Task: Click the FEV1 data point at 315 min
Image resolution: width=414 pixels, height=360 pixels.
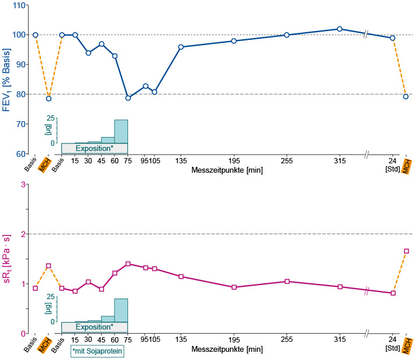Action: click(x=340, y=29)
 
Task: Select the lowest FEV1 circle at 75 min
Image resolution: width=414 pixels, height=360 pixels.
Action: click(x=128, y=98)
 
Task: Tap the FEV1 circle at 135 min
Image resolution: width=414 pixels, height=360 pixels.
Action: click(x=181, y=47)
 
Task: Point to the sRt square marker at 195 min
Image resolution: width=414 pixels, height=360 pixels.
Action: click(x=234, y=287)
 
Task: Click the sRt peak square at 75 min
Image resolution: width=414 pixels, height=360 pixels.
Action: click(x=128, y=263)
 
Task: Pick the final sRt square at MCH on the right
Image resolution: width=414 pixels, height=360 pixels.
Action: click(x=406, y=251)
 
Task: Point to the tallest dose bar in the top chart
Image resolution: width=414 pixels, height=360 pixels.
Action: click(x=121, y=131)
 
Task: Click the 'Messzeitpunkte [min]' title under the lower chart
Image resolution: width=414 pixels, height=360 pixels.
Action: click(x=227, y=349)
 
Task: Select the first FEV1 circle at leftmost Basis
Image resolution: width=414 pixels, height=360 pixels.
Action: click(x=35, y=35)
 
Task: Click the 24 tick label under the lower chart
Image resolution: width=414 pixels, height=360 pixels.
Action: click(x=392, y=340)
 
